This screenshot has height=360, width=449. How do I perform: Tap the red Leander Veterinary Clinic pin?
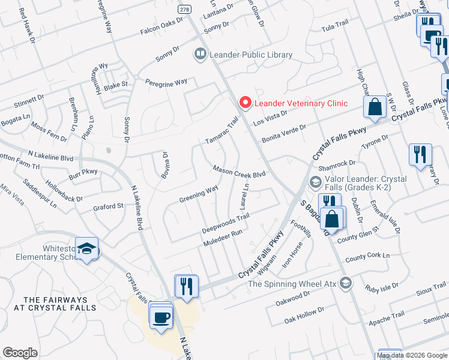pyautogui.click(x=244, y=103)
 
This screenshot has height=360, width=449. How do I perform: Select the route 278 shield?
pyautogui.click(x=184, y=10)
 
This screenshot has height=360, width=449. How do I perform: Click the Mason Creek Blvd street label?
pyautogui.click(x=239, y=171)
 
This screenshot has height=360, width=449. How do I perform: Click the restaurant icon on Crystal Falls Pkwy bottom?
pyautogui.click(x=186, y=286)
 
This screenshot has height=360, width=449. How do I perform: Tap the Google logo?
pyautogui.click(x=20, y=353)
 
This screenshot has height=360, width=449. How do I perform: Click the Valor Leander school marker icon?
pyautogui.click(x=315, y=181)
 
